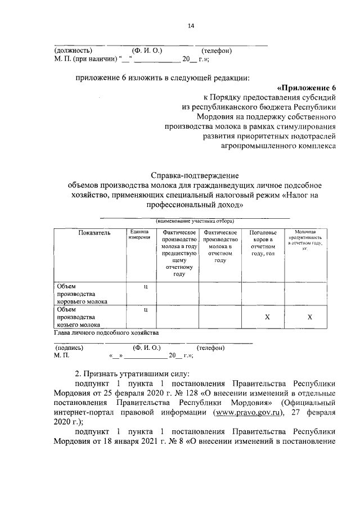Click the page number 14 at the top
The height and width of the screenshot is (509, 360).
[x=190, y=25]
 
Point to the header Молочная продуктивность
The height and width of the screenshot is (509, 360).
[x=305, y=240]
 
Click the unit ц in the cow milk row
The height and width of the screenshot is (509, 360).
[x=145, y=287]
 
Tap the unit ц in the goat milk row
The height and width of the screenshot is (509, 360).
[x=145, y=310]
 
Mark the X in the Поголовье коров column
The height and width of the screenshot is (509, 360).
[x=267, y=318]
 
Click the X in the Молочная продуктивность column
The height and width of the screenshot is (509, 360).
[x=309, y=318]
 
